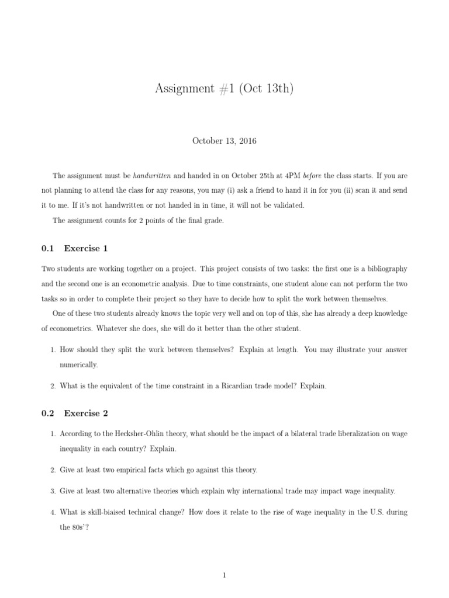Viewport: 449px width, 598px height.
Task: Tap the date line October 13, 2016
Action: click(x=224, y=141)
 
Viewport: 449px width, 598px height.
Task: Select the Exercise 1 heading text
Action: click(x=86, y=248)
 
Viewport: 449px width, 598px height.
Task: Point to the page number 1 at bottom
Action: click(x=224, y=559)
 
